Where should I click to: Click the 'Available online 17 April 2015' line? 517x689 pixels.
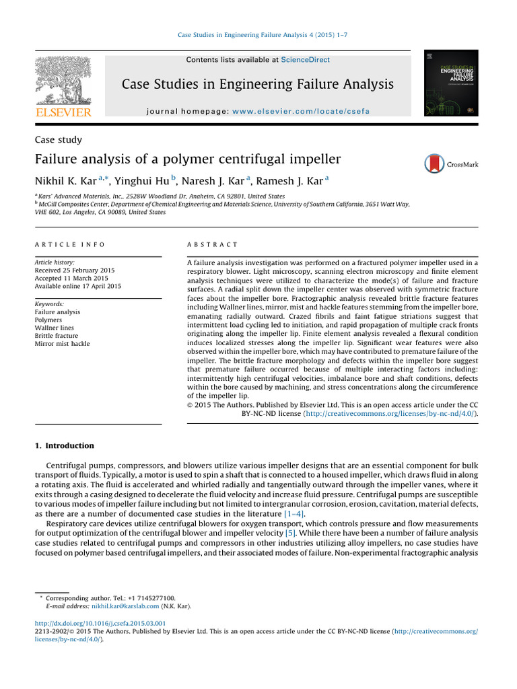[77, 286]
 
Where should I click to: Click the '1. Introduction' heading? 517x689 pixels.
[65, 445]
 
